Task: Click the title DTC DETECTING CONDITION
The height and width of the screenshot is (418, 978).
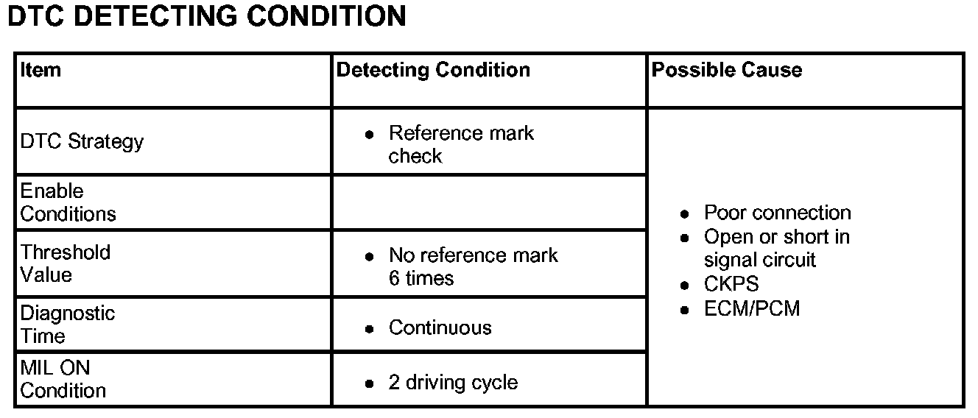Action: pos(206,16)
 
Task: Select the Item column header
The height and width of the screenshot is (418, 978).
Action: pos(41,71)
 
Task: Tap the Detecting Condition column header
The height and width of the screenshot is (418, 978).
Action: pos(433,71)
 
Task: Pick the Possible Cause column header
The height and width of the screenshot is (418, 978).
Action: pos(727,71)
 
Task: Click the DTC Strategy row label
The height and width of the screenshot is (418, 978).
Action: pos(82,141)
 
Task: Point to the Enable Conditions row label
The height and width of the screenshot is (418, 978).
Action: pos(68,202)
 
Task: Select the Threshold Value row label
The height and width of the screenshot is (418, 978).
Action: pos(66,263)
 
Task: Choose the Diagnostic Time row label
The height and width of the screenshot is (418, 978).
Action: pos(68,325)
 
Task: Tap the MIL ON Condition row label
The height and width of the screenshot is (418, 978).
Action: pos(63,379)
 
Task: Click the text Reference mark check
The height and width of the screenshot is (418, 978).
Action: pos(461,144)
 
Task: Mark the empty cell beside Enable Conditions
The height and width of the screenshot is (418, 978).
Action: pos(489,202)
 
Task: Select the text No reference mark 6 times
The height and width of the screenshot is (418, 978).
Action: pos(473,266)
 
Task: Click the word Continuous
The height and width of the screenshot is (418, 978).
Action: pos(440,327)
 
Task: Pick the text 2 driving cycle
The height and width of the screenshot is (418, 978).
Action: pos(453,383)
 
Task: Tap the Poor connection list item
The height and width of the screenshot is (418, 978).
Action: pos(777,213)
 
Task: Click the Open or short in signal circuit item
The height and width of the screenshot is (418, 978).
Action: pos(776,248)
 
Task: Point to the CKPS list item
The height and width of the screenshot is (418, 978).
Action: pos(731,285)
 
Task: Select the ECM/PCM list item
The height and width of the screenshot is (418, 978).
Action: pos(752,308)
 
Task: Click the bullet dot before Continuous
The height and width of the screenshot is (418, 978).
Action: pos(370,328)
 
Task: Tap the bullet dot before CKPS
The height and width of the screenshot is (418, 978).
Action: pos(685,286)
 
